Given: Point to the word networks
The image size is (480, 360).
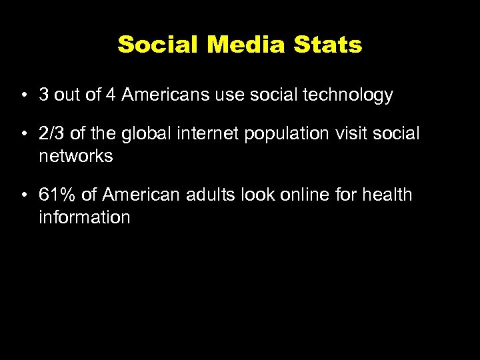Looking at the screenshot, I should [x=75, y=156].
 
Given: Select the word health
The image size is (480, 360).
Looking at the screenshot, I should [x=388, y=195].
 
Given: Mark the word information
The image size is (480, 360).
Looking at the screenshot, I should [x=85, y=217].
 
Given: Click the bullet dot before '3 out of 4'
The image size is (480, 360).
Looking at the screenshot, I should [x=23, y=96].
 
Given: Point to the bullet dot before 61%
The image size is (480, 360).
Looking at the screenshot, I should [x=23, y=195].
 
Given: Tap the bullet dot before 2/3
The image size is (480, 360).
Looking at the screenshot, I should [x=23, y=134].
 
